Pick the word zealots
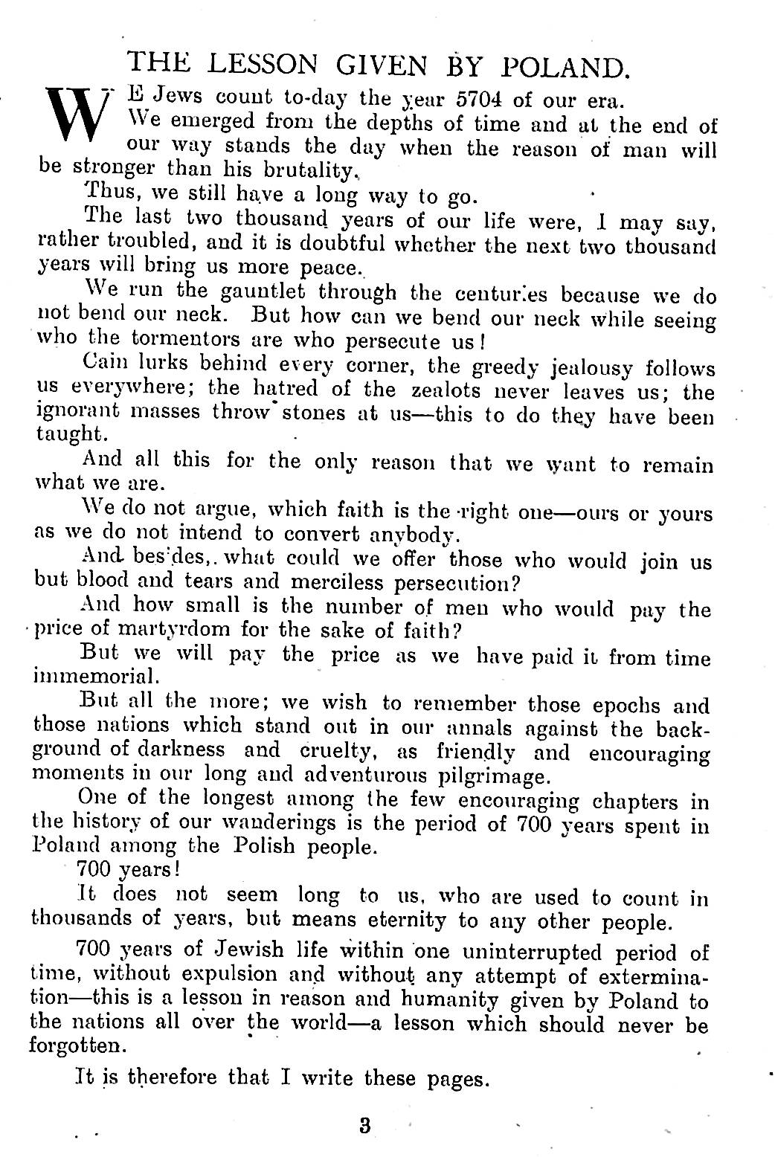[x=446, y=389]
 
